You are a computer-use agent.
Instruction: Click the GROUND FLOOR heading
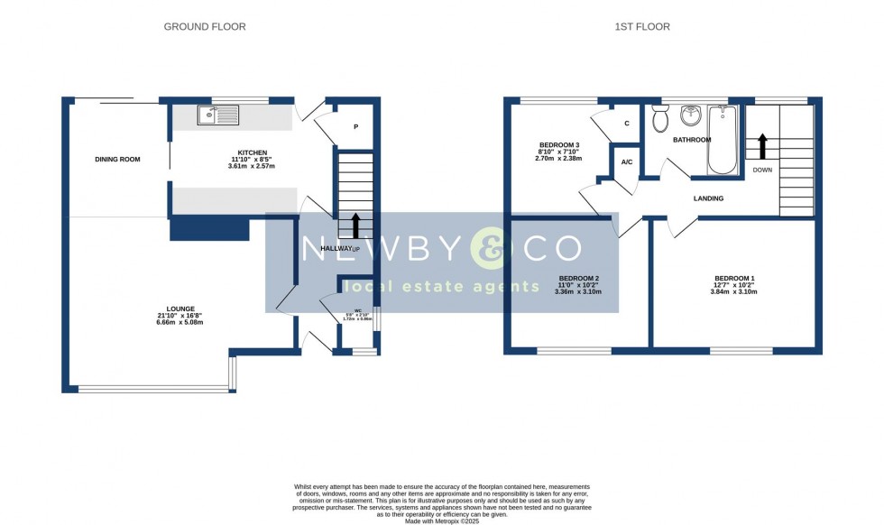[204, 27]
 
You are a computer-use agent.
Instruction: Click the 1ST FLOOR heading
[642, 27]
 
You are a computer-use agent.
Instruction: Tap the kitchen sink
[216, 115]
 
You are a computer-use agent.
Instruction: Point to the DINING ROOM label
[118, 160]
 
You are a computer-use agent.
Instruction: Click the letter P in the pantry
[355, 127]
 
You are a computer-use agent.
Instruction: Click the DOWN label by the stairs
[762, 170]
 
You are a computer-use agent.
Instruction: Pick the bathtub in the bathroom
[723, 141]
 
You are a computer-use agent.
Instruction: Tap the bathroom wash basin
[692, 115]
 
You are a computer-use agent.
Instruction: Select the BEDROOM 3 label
[559, 145]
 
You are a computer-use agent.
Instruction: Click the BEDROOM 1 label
[735, 278]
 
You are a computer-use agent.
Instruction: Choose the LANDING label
[708, 198]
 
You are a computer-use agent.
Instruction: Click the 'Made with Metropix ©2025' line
[442, 520]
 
